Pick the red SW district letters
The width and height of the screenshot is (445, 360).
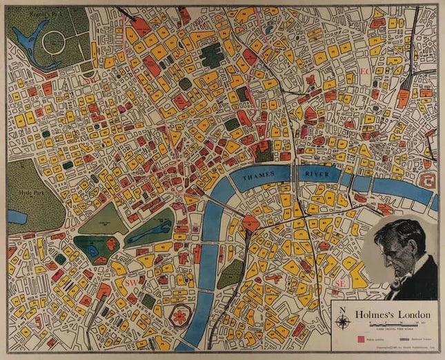point(131,283)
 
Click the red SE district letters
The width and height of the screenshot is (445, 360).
point(339,283)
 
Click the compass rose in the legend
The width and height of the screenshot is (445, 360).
point(343,321)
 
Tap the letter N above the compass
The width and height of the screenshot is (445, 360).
point(343,310)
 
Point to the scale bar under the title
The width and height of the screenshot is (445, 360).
point(394,323)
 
